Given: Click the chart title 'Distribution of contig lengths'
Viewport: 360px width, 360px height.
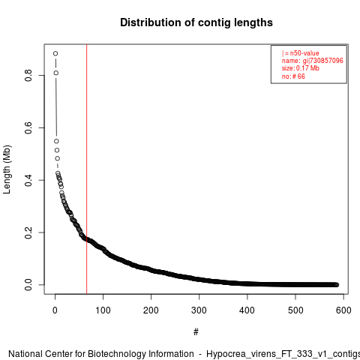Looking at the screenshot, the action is click(196, 22).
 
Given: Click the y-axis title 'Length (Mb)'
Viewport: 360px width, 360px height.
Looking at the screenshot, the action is click(7, 169).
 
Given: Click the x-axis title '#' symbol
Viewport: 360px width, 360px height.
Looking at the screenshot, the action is click(196, 332).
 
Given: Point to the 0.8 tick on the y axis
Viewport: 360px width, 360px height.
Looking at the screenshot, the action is click(28, 75).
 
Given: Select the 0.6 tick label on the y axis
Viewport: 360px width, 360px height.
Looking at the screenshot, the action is click(28, 127).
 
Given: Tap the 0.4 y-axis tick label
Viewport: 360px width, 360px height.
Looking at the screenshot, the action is click(28, 180).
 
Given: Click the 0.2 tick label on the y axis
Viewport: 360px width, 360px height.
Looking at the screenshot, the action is click(28, 232).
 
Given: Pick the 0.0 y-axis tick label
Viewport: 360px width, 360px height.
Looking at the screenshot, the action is click(28, 285).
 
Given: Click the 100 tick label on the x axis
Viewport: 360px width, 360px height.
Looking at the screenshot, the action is click(103, 310).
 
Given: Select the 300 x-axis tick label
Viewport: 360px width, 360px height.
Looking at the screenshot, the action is click(199, 310).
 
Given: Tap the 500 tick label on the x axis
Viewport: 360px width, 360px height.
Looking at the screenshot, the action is click(295, 310).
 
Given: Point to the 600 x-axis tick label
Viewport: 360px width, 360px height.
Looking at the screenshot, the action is click(343, 310).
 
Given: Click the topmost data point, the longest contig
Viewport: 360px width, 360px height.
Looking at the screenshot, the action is click(55, 53).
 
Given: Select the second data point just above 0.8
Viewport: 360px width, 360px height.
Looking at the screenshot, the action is click(56, 73).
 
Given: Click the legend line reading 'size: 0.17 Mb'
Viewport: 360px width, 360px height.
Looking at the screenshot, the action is click(301, 68).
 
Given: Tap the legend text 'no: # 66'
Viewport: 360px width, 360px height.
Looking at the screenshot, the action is click(293, 76).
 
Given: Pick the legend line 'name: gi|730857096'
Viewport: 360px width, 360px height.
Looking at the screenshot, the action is click(313, 61).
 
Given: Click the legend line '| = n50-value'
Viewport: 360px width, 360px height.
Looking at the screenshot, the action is click(301, 53).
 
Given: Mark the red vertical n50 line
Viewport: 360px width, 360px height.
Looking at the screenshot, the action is click(87, 169).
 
